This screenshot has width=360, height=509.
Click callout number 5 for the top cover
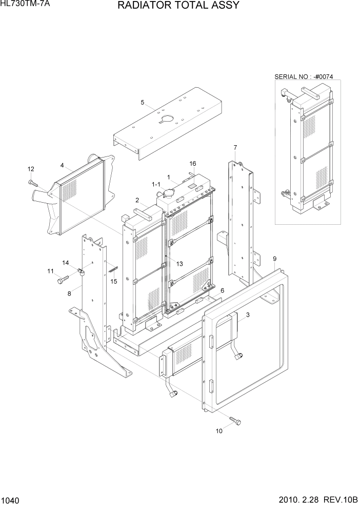click(x=142, y=102)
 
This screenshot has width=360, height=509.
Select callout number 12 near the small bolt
click(x=30, y=169)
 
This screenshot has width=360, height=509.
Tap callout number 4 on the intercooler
click(x=62, y=165)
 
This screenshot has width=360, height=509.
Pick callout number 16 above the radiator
click(x=193, y=164)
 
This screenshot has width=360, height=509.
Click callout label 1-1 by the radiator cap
click(x=156, y=183)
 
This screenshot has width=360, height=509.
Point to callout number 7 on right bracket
click(x=235, y=148)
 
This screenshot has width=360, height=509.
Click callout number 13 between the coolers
click(x=179, y=263)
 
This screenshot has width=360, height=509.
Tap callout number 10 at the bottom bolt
click(x=219, y=431)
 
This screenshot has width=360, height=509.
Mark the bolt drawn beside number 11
click(x=63, y=280)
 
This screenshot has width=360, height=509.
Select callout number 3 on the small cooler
click(x=248, y=315)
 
